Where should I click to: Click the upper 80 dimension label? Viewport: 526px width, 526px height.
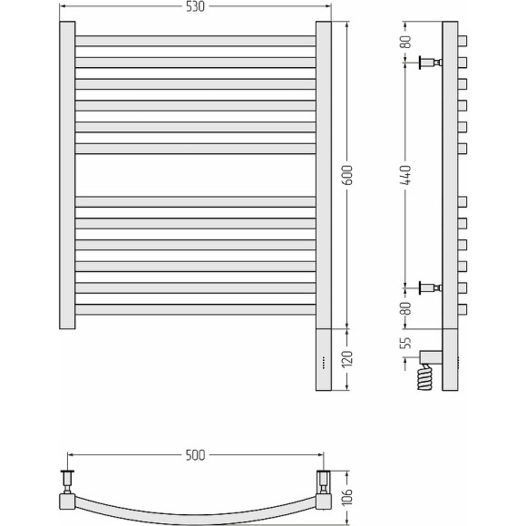[406, 41]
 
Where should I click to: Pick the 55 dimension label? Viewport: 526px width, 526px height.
[406, 343]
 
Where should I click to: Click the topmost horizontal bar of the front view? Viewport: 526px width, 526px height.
[195, 41]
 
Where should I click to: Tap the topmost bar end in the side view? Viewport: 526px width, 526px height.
[463, 40]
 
